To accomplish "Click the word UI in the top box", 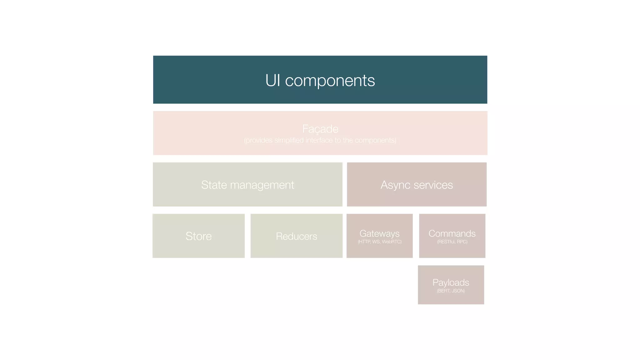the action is (x=272, y=80).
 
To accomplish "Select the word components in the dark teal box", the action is (x=330, y=81).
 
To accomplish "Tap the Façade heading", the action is (x=320, y=129).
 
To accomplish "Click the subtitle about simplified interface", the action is (x=320, y=140).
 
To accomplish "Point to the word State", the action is (x=214, y=185).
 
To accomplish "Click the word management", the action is (x=262, y=185).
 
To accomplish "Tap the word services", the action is (x=433, y=185).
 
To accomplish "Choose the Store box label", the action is (x=198, y=236).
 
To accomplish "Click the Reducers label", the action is (x=296, y=236).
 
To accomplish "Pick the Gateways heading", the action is (x=379, y=233).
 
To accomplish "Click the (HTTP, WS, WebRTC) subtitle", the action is (x=380, y=242).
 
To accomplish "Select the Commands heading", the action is (x=452, y=233).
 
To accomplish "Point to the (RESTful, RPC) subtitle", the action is (x=452, y=242).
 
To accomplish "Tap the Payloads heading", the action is (x=451, y=282).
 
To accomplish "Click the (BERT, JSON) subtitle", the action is (x=451, y=291).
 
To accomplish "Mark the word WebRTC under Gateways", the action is (x=392, y=242).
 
